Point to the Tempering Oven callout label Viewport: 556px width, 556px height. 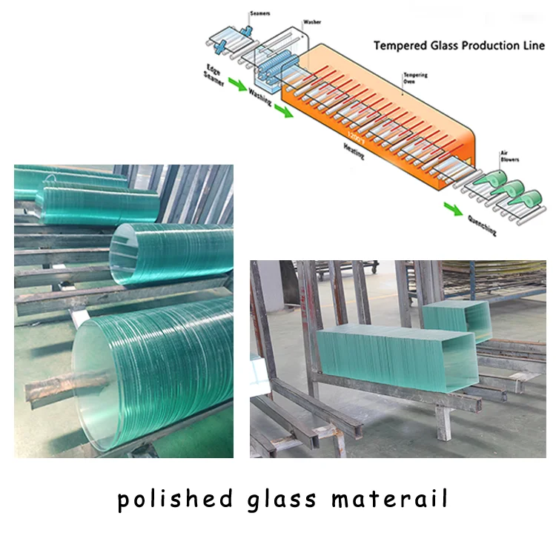(414, 79)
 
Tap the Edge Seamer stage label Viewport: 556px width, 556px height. (213, 74)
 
